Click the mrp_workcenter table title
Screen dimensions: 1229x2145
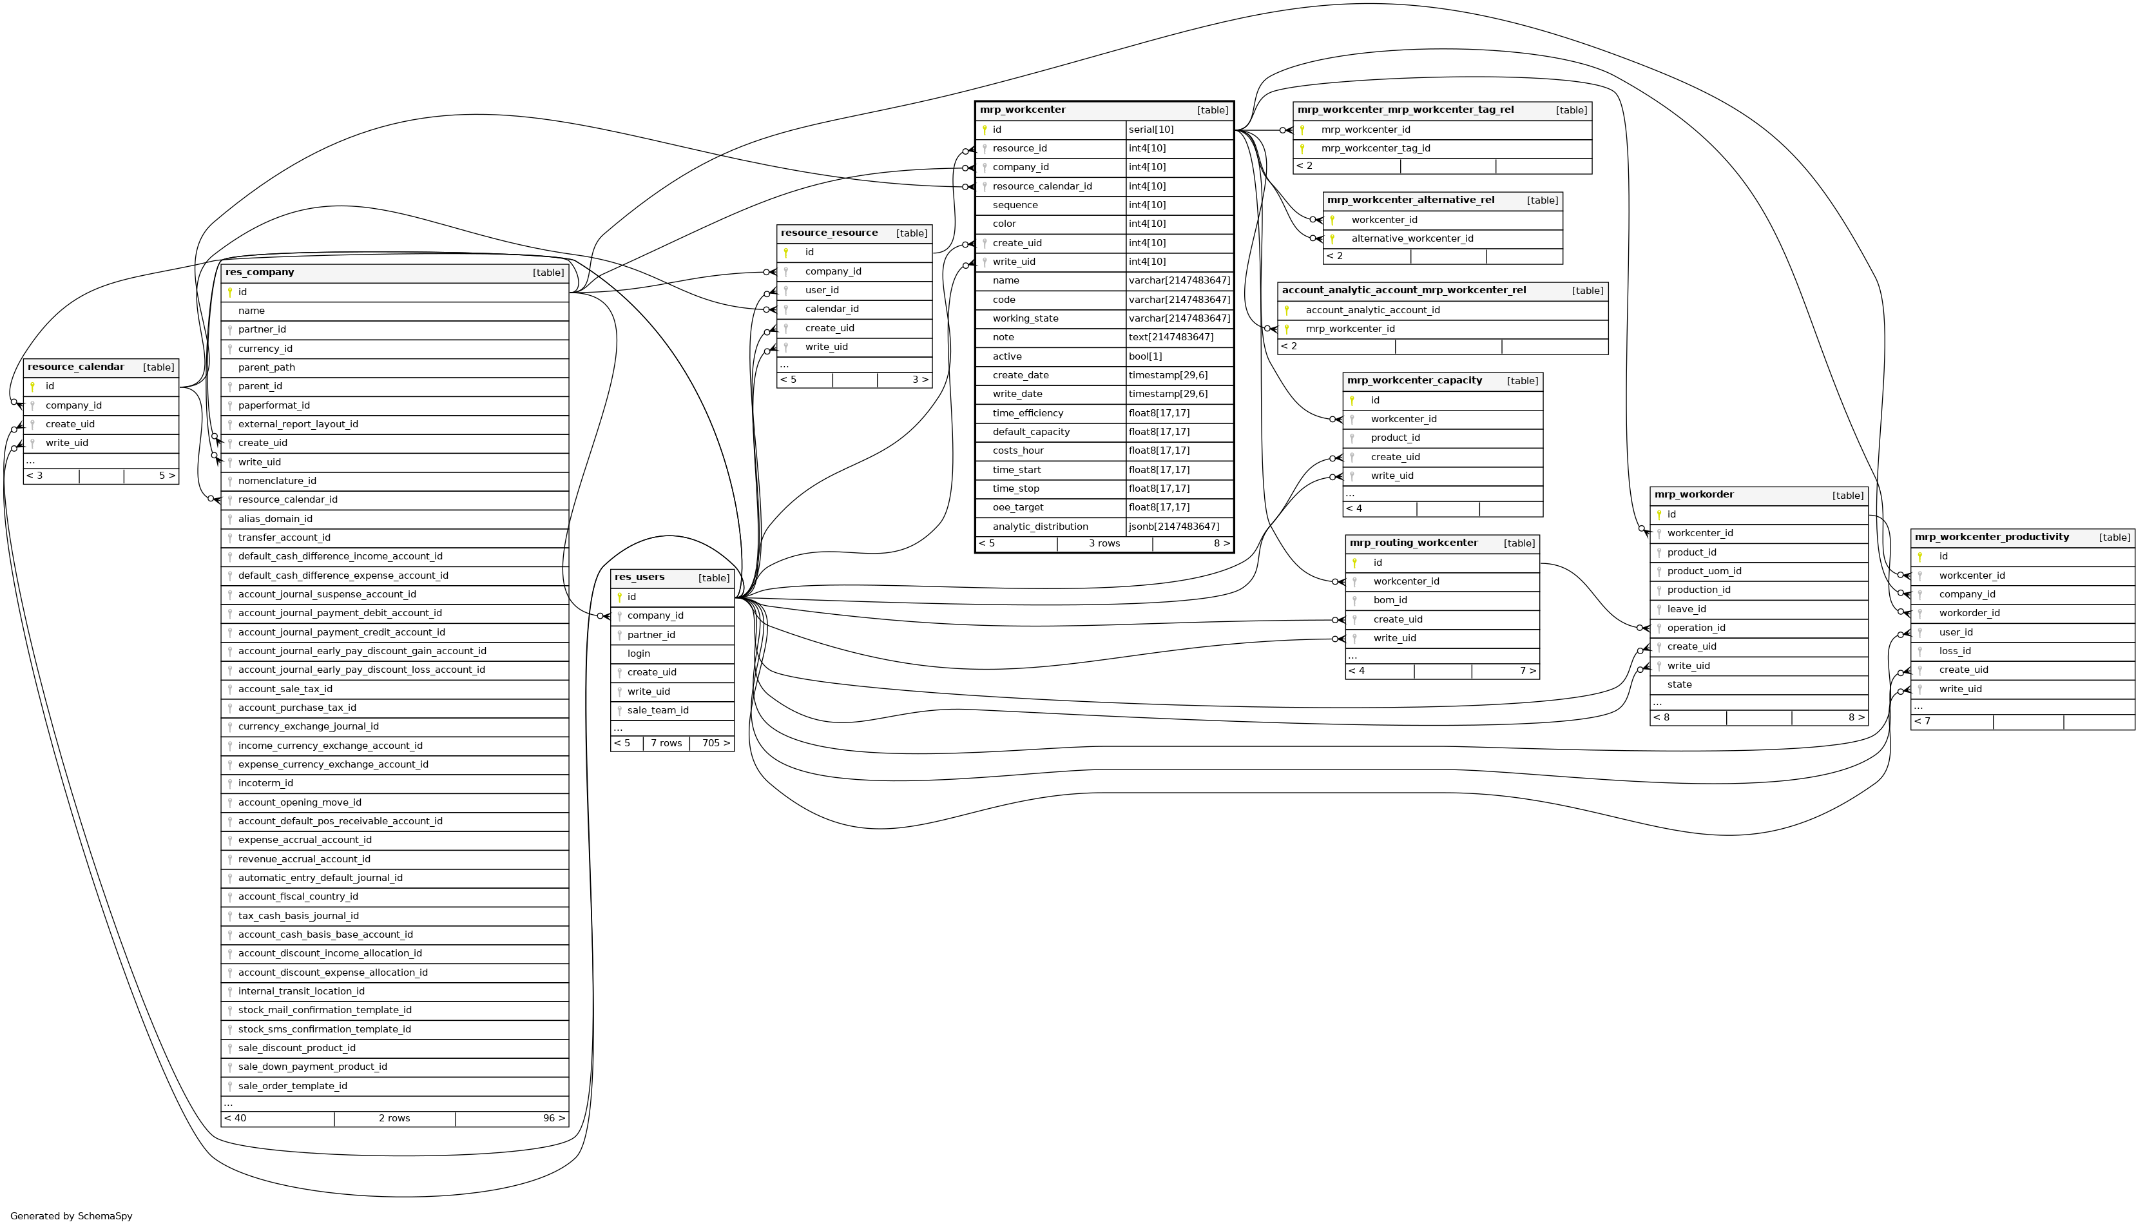click(1022, 110)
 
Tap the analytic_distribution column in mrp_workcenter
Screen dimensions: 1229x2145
click(1039, 527)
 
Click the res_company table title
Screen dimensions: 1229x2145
click(259, 273)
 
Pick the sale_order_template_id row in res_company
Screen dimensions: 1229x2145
click(292, 1087)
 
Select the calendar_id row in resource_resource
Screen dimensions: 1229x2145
click(831, 309)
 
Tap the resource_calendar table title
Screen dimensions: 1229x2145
click(75, 367)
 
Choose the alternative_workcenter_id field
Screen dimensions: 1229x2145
click(1412, 239)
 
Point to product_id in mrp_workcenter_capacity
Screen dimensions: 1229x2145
click(1395, 438)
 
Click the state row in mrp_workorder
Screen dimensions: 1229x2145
click(1678, 684)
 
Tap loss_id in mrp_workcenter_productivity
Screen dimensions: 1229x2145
click(1954, 652)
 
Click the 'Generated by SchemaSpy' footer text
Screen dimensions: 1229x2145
click(72, 1216)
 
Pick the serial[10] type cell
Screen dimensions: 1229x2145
click(1151, 130)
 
